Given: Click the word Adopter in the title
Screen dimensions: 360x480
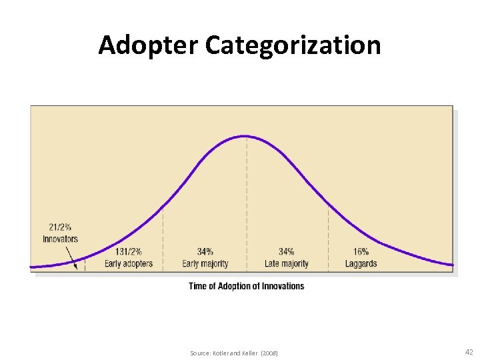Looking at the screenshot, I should [x=148, y=45].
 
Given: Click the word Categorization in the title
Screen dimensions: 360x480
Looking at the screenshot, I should [x=293, y=45].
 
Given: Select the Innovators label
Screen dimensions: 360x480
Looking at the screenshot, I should [x=60, y=239].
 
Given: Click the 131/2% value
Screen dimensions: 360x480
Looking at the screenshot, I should [x=129, y=252].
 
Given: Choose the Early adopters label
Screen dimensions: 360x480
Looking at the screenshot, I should [x=129, y=263].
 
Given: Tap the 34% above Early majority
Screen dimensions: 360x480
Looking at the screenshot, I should [x=205, y=252].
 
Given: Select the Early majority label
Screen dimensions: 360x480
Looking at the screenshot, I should [x=205, y=263].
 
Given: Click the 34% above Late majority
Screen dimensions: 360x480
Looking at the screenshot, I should [x=287, y=252].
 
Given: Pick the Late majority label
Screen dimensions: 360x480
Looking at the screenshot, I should [x=287, y=263].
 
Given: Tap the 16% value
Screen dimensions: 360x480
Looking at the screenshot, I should [x=361, y=252].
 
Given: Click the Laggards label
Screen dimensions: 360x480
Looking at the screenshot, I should [x=361, y=263].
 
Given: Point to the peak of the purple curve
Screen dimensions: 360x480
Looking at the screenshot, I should [x=246, y=136].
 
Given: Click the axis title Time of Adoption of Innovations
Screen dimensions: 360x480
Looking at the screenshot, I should [x=247, y=286].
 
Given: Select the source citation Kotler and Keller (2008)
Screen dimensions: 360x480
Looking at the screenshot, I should [x=234, y=352].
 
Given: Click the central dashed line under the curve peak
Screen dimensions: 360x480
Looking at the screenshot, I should [x=247, y=200].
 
